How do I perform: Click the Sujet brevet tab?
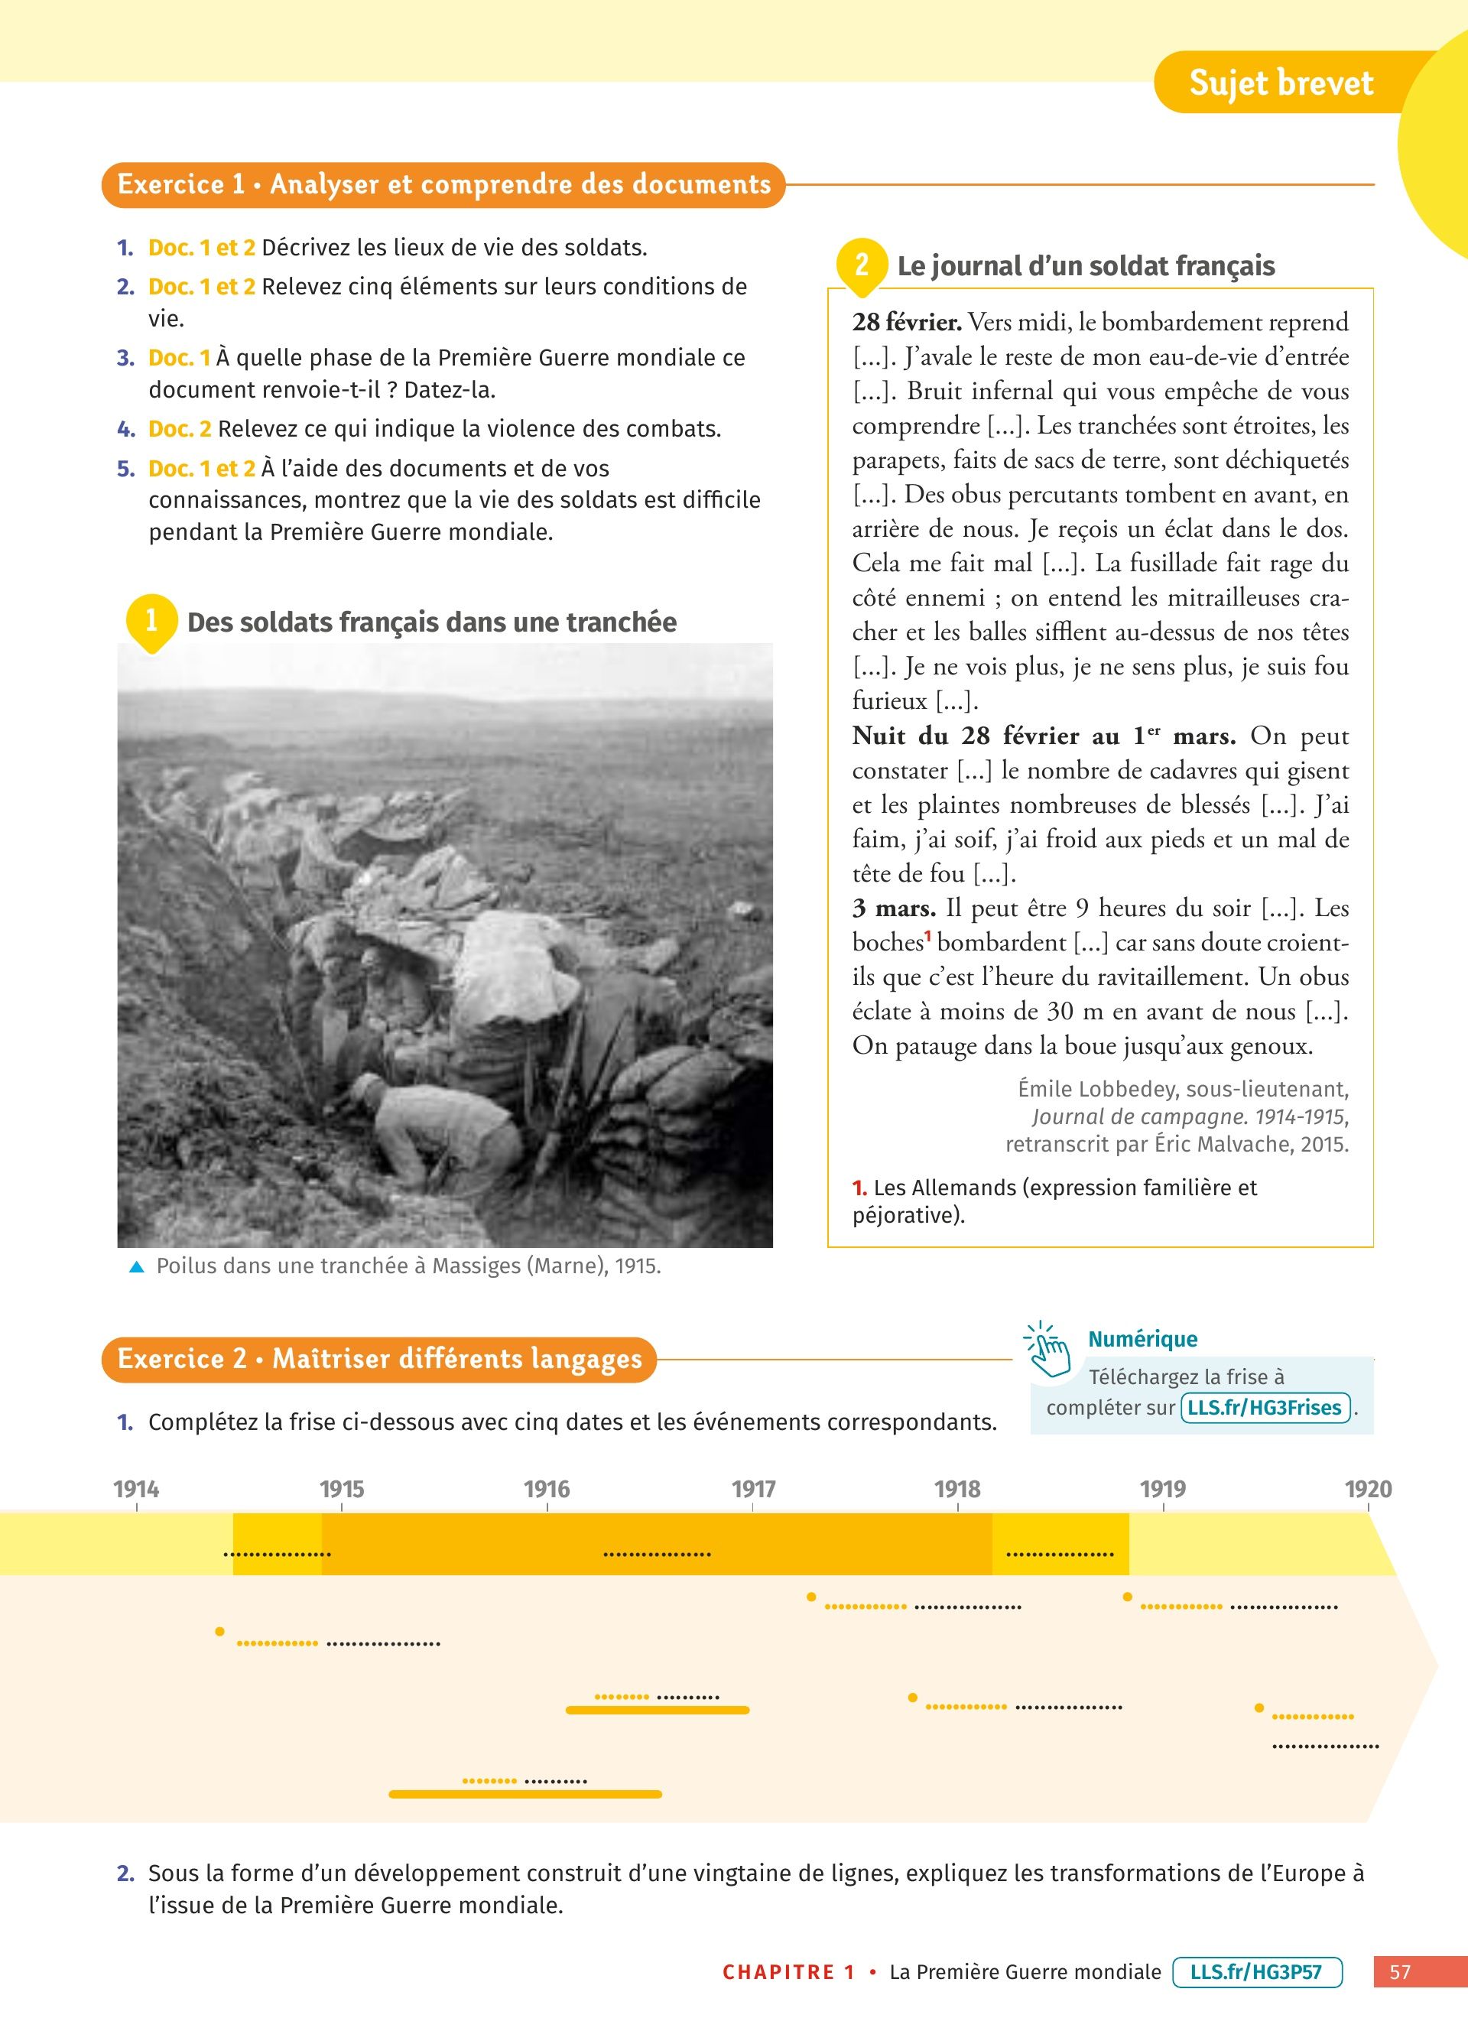(x=1280, y=83)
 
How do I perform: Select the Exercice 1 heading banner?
(x=443, y=184)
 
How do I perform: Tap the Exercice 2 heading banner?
(x=378, y=1359)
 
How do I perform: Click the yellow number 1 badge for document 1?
(x=151, y=619)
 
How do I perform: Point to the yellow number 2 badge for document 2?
(x=861, y=264)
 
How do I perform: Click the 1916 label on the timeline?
(x=546, y=1488)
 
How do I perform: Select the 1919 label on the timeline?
(x=1162, y=1488)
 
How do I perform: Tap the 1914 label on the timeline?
(x=136, y=1488)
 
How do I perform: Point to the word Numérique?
(x=1142, y=1339)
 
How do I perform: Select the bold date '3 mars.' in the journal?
(x=893, y=908)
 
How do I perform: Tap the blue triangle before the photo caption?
(x=137, y=1266)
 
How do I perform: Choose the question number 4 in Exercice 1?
(x=125, y=429)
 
